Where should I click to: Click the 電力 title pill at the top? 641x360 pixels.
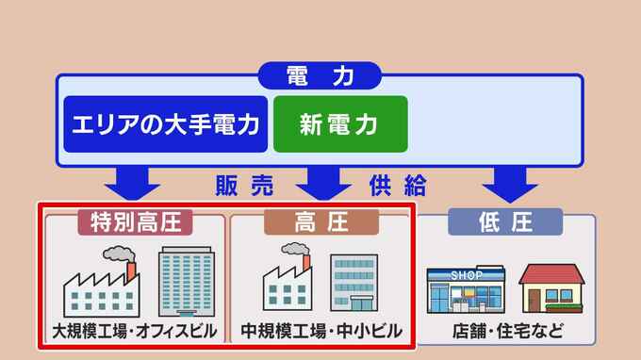point(320,75)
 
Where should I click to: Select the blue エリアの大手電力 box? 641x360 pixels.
point(166,124)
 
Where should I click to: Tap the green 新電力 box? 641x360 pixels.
point(340,124)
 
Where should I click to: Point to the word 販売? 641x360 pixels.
point(244,186)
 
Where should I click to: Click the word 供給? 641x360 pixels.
point(398,186)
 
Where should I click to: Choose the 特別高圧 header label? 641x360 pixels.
point(135,222)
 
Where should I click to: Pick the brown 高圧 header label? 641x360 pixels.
point(321,222)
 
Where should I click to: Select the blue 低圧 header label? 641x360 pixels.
point(505,221)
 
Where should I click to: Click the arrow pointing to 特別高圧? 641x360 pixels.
point(132,183)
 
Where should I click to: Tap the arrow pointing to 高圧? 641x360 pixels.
point(323,183)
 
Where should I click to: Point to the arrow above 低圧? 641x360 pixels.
point(510,184)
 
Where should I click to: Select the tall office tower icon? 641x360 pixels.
point(187,282)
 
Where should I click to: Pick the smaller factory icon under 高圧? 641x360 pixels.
point(288,277)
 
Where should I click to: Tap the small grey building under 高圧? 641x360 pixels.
point(354,283)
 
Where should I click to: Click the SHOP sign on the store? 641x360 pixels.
point(467,275)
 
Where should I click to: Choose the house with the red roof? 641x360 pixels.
point(551,288)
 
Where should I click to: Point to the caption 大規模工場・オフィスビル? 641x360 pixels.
point(135,331)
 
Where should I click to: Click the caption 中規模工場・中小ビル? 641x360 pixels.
point(321,331)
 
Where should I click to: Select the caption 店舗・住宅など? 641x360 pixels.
point(508,331)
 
